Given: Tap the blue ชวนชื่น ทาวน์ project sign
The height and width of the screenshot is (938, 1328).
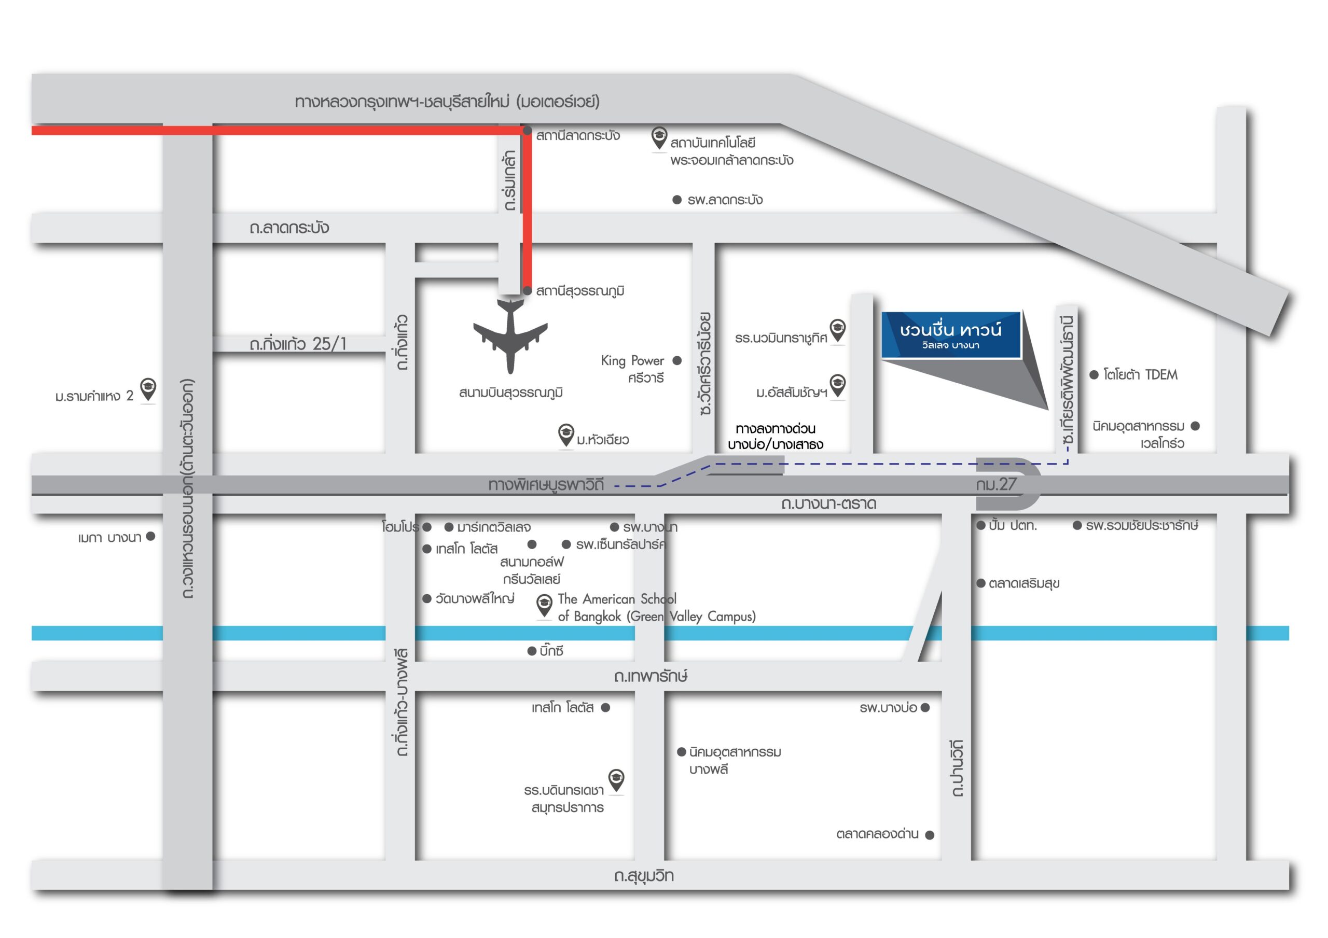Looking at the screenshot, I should click(950, 335).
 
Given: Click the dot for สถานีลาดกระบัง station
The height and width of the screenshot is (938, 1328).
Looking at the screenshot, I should click(527, 131).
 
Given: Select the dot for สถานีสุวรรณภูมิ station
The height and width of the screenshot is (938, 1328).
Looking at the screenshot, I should click(527, 290).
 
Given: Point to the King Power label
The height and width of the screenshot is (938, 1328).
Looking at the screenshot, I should click(632, 361).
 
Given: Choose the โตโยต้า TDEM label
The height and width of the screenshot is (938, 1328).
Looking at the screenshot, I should click(1140, 375).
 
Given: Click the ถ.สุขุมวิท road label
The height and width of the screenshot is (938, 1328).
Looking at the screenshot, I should click(644, 876).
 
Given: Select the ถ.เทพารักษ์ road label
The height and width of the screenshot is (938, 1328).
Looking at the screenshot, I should click(651, 676).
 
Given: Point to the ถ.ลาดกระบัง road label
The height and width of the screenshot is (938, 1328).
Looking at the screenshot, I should click(289, 228).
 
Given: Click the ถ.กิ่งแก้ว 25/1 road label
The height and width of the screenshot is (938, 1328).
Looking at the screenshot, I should click(298, 344).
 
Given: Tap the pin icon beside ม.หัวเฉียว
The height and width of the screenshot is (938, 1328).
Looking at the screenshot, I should click(565, 435).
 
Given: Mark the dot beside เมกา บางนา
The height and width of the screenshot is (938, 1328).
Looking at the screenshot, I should click(151, 536).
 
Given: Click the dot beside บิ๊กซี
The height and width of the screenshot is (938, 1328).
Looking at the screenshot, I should click(532, 651).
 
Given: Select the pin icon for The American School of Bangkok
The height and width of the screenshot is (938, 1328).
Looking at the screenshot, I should click(544, 605).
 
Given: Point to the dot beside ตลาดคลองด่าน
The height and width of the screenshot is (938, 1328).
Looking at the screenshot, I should click(930, 834).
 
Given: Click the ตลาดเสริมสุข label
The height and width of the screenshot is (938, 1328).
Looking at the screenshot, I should click(1024, 583).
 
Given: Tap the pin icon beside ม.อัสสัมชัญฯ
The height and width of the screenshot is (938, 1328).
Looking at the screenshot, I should click(837, 385).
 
